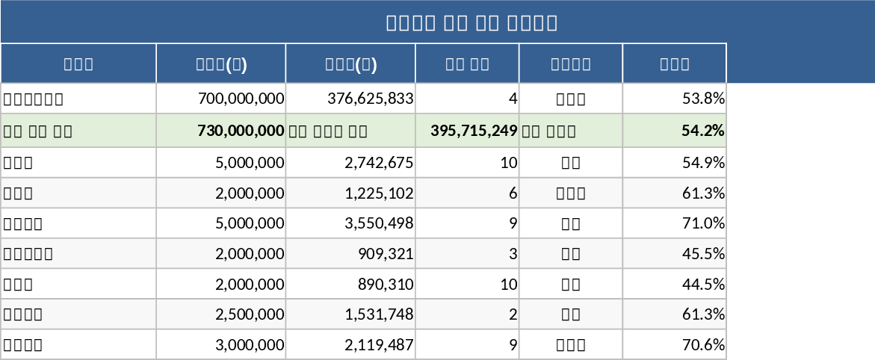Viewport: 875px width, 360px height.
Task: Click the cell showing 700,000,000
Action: click(241, 99)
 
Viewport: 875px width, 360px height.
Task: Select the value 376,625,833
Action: click(371, 99)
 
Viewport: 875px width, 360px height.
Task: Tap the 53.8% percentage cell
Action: click(703, 99)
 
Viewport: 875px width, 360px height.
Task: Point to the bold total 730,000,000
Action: click(241, 131)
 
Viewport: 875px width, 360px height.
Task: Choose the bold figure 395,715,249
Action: click(474, 131)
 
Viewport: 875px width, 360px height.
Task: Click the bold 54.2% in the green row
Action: click(703, 131)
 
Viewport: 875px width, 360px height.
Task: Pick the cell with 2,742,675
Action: click(379, 163)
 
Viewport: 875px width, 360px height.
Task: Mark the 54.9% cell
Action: click(703, 163)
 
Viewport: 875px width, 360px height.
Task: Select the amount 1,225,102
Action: click(379, 193)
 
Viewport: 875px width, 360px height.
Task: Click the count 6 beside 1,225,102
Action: click(513, 193)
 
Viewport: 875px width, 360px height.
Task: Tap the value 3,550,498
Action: click(379, 223)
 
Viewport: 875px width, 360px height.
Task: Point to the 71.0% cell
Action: click(703, 223)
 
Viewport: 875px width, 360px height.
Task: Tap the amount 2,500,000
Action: click(250, 314)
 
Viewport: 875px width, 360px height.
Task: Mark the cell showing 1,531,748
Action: click(379, 314)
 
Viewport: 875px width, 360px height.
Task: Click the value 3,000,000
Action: click(250, 345)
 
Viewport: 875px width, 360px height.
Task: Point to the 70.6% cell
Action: click(703, 345)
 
